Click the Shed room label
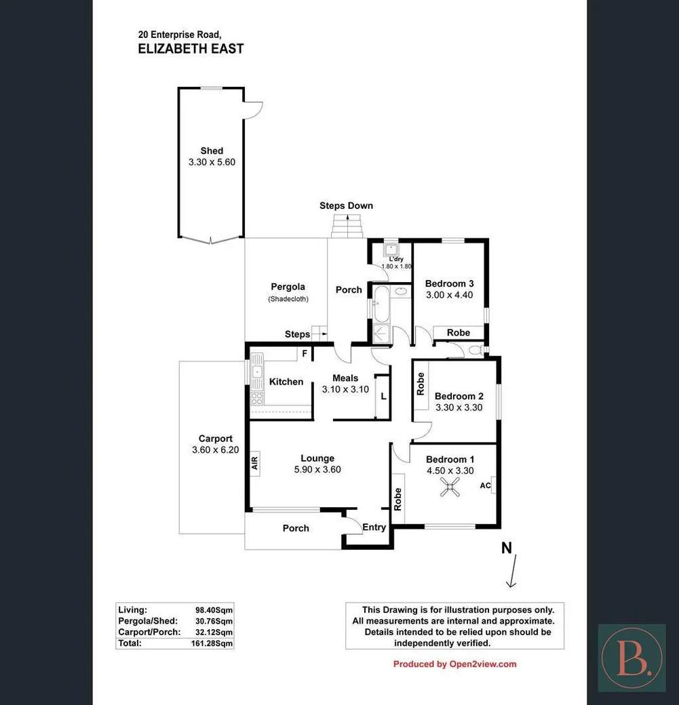click(x=212, y=151)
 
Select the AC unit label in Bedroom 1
click(x=485, y=485)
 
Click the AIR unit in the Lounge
click(x=255, y=464)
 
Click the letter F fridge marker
click(x=305, y=352)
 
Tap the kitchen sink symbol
click(x=257, y=371)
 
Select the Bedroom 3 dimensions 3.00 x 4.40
click(x=449, y=295)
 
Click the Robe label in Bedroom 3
click(x=459, y=333)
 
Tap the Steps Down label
click(x=346, y=205)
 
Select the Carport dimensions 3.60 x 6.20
click(x=215, y=449)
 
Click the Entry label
click(x=374, y=527)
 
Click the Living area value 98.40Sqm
click(x=214, y=610)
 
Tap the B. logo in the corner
click(x=632, y=658)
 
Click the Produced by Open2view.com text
click(x=454, y=664)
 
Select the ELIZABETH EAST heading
click(x=191, y=49)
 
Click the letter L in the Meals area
click(x=383, y=396)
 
